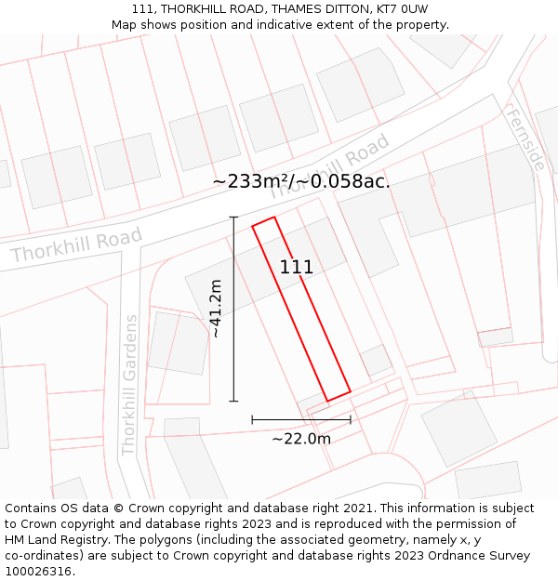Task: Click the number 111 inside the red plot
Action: (297, 268)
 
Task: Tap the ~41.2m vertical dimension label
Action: (216, 309)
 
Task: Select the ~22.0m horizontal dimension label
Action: (301, 439)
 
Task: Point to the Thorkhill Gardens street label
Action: (129, 385)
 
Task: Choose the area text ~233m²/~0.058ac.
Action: (301, 181)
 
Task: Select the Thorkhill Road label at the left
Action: (76, 244)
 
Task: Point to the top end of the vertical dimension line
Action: (233, 217)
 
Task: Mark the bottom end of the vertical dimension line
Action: (233, 402)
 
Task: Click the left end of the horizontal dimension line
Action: (252, 419)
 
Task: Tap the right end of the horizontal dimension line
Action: (351, 419)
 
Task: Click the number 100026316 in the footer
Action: (40, 572)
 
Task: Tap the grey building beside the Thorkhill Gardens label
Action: (178, 342)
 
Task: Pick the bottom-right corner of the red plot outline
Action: (351, 391)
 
